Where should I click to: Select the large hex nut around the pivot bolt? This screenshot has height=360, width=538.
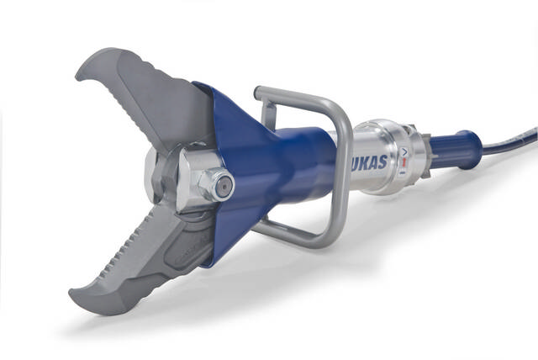tap(211, 184)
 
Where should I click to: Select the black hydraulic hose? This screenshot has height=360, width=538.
tap(513, 140)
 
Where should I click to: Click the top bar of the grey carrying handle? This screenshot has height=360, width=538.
tap(298, 93)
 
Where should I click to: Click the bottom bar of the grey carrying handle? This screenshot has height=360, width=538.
tap(294, 238)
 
